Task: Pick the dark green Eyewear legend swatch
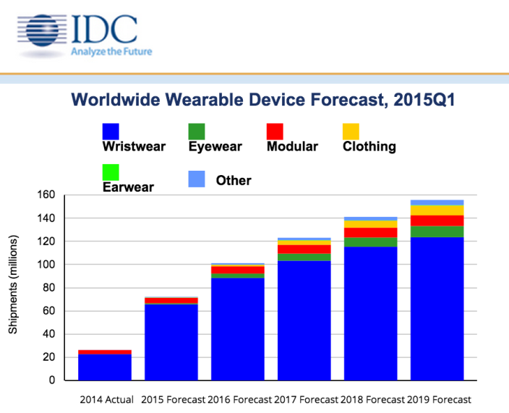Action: [197, 131]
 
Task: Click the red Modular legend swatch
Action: [275, 131]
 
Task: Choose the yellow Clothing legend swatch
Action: [351, 131]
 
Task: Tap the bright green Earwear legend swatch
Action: [113, 173]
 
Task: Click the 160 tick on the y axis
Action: [46, 195]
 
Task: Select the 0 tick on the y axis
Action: [51, 380]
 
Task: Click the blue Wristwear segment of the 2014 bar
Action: [105, 367]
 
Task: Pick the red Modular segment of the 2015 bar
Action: [171, 300]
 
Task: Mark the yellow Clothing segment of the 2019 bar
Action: [437, 210]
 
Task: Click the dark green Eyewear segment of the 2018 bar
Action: [371, 242]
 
